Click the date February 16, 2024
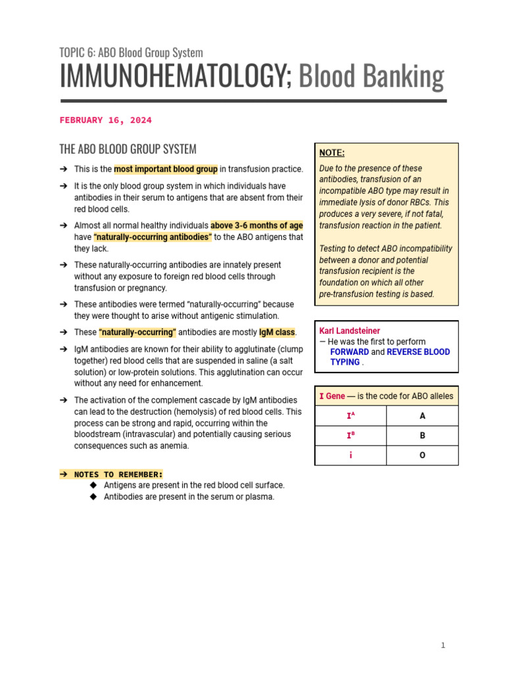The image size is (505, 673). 105,120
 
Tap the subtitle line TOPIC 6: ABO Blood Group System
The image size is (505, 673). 131,53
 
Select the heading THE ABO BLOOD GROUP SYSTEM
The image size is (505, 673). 128,149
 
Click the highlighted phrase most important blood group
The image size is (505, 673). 166,169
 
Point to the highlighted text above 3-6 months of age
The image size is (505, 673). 256,225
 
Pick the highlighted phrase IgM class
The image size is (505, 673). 276,333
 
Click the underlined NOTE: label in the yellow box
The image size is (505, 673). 331,152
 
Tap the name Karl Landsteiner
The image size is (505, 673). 349,331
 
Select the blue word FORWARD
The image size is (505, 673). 349,352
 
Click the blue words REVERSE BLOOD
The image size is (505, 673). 418,352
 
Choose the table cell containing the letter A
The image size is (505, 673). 422,416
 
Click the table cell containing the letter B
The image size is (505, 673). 422,435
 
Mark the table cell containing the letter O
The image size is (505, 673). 422,455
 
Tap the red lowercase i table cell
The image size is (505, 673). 350,455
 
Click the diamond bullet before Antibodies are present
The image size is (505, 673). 93,497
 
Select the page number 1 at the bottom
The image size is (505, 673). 443,645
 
